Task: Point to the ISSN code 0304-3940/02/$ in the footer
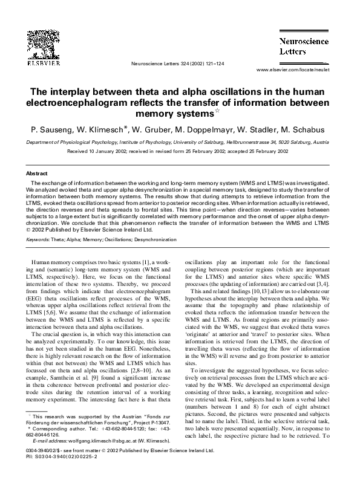pyautogui.click(x=47, y=450)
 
